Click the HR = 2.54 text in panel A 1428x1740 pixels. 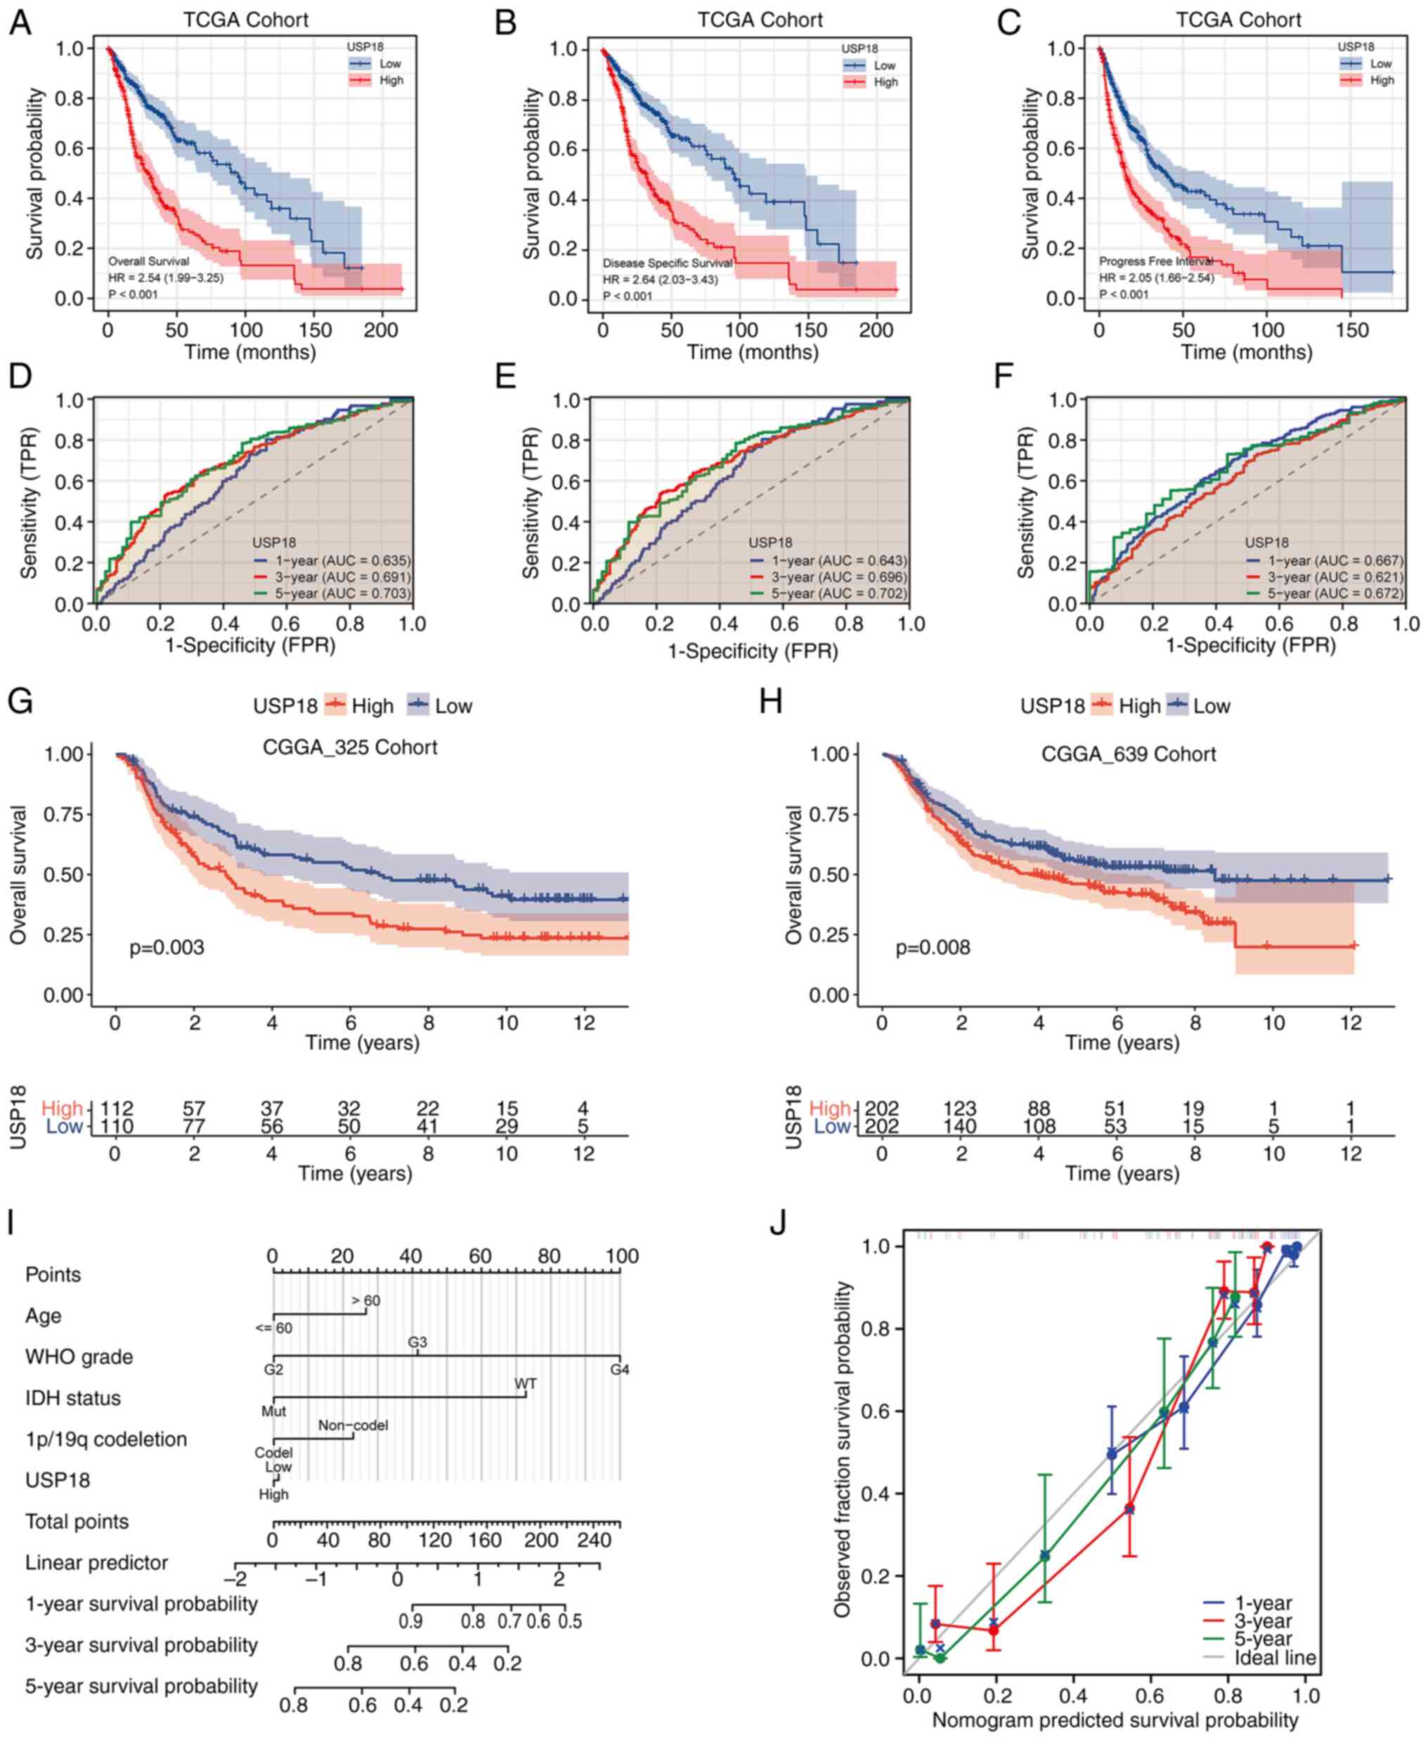(165, 278)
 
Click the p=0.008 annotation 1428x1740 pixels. (933, 948)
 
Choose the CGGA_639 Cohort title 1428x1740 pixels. (1128, 754)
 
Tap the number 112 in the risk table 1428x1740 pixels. (116, 1108)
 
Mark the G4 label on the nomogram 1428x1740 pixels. (619, 1369)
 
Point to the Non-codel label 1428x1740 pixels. (353, 1425)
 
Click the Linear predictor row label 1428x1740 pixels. (96, 1562)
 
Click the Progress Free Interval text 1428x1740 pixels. (1156, 261)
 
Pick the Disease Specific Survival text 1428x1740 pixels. (667, 263)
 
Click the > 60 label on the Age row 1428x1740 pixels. (366, 1301)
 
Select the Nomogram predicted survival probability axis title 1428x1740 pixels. (1115, 1720)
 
